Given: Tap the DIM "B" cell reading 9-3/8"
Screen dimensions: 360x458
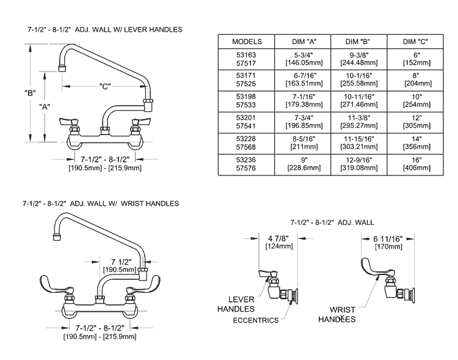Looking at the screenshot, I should point(358,58).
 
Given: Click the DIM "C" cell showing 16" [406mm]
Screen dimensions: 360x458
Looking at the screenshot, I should point(415,165).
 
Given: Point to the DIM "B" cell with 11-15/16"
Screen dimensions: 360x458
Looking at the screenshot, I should point(358,144).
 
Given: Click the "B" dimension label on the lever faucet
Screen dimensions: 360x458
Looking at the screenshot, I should point(29,93).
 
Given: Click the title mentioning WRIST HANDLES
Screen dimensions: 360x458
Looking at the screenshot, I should point(101,203).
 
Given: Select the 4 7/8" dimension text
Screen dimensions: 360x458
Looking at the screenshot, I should point(278,238).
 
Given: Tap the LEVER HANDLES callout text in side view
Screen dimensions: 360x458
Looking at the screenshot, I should point(241,304).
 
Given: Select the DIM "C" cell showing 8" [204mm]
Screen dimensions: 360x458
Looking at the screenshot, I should point(415,79).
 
